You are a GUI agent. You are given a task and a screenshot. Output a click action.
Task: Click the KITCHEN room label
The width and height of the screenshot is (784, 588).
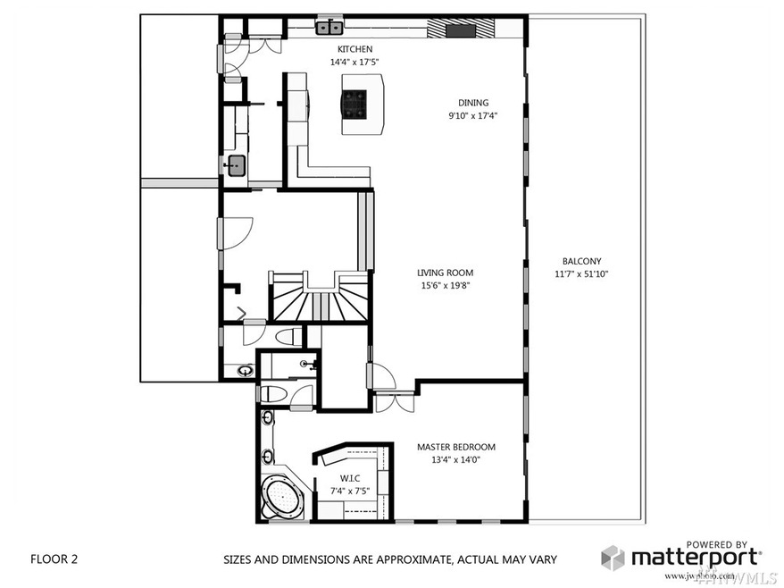354,49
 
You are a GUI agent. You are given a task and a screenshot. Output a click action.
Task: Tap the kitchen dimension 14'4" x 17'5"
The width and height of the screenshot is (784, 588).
354,63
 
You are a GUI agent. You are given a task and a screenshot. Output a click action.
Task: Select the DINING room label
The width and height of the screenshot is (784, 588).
473,103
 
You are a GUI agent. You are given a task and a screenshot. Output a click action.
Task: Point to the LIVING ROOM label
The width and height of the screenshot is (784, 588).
445,273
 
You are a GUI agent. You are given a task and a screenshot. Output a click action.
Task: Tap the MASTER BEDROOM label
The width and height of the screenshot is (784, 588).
455,447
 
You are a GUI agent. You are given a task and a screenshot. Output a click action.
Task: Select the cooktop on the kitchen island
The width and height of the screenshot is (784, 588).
354,104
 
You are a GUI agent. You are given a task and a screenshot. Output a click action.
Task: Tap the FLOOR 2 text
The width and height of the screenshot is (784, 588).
54,559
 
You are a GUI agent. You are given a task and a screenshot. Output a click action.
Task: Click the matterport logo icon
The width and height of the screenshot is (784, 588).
613,559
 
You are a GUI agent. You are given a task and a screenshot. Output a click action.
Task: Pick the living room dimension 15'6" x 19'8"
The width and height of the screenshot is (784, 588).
445,286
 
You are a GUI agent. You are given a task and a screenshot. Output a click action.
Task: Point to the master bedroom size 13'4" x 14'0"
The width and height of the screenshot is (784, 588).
455,460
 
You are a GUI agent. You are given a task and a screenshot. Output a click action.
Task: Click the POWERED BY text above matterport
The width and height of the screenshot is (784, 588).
716,544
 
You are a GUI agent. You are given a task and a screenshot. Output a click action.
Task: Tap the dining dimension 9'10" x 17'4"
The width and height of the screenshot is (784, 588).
473,115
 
